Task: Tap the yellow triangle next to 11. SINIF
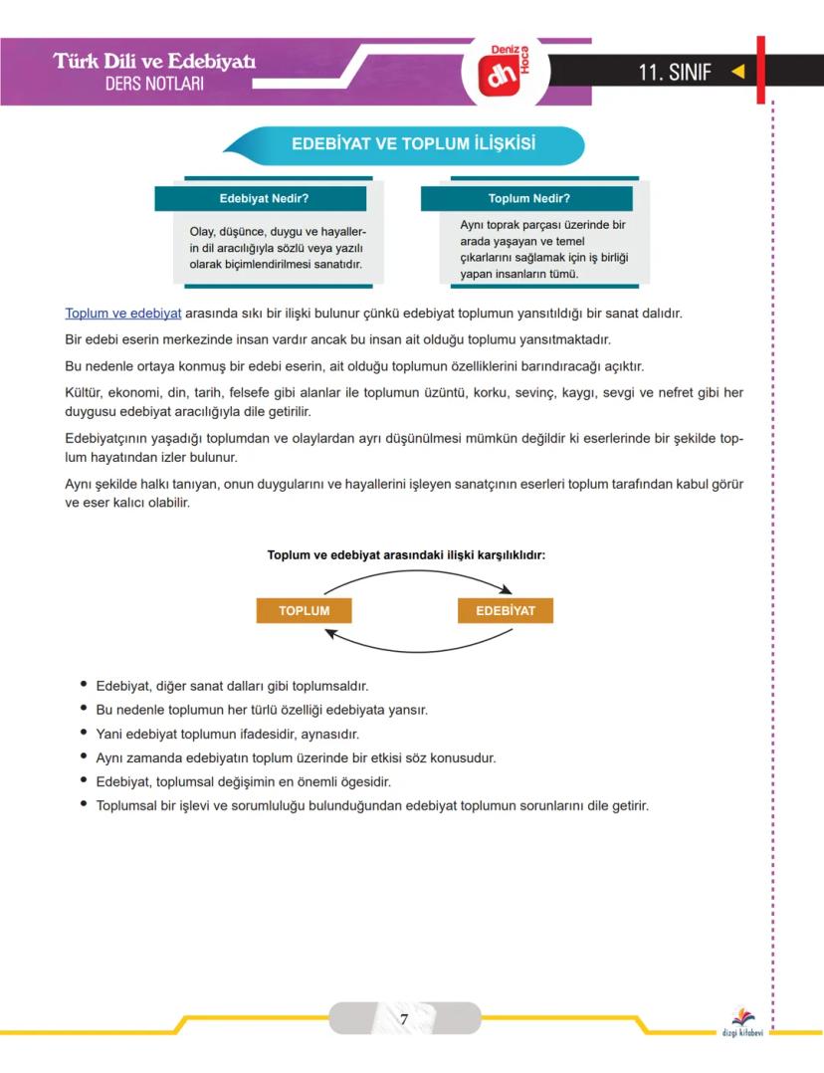tap(737, 72)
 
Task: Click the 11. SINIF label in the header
tap(676, 72)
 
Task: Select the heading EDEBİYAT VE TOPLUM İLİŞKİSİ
tap(413, 144)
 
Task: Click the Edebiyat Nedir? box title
tap(264, 198)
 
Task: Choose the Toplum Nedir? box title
tap(528, 198)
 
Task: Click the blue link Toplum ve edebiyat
tap(122, 313)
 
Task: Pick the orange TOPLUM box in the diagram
tap(304, 610)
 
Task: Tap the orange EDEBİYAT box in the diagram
tap(505, 610)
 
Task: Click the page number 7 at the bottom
tap(404, 1019)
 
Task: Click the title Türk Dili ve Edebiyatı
tap(154, 62)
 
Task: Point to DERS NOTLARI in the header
tap(154, 84)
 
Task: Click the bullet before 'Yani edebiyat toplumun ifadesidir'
tap(84, 733)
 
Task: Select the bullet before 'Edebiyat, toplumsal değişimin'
tap(84, 780)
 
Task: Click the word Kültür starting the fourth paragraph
tap(84, 393)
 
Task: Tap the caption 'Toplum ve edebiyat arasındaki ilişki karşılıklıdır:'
tap(405, 555)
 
